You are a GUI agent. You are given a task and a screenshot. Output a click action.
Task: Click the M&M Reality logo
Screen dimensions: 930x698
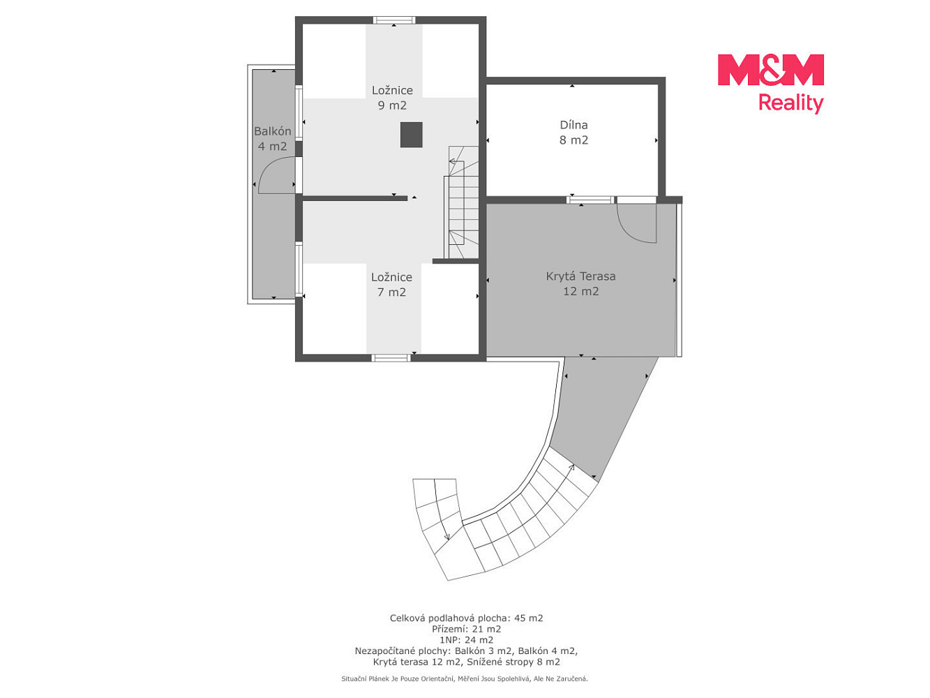pyautogui.click(x=770, y=84)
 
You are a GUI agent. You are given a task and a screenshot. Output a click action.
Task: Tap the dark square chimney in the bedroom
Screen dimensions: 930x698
pyautogui.click(x=411, y=135)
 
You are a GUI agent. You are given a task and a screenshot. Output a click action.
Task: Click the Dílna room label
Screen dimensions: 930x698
pyautogui.click(x=573, y=132)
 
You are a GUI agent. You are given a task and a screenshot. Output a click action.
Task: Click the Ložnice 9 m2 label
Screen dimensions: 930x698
pyautogui.click(x=392, y=98)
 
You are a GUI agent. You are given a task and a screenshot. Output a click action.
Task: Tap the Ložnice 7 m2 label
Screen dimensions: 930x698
pyautogui.click(x=391, y=284)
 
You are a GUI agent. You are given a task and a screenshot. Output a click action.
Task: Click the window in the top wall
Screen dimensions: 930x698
pyautogui.click(x=394, y=20)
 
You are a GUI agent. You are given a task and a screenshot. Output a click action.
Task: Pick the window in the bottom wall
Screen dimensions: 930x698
pyautogui.click(x=391, y=358)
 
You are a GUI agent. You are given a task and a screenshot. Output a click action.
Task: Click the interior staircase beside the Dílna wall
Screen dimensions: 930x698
pyautogui.click(x=461, y=202)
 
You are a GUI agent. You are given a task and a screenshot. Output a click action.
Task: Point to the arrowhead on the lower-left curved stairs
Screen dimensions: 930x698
pyautogui.click(x=447, y=537)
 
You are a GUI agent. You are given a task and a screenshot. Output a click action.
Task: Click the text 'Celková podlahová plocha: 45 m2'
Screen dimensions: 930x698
pyautogui.click(x=466, y=618)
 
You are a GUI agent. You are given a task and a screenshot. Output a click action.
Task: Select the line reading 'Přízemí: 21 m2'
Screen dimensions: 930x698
pyautogui.click(x=466, y=629)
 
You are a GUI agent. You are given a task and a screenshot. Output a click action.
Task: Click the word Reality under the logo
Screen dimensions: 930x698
pyautogui.click(x=790, y=103)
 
